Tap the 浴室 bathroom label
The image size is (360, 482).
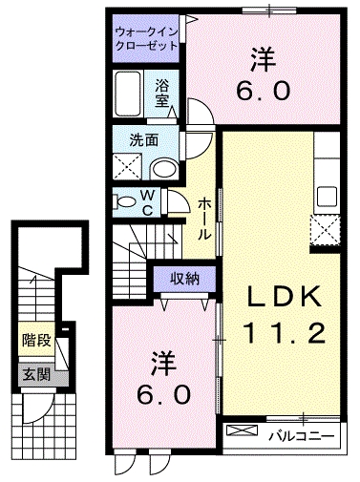click(163, 92)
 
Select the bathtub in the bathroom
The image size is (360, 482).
click(130, 94)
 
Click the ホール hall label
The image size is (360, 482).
click(205, 219)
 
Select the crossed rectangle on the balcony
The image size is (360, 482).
click(243, 436)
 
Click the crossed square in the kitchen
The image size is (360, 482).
click(325, 230)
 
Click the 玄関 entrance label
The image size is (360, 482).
click(32, 372)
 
